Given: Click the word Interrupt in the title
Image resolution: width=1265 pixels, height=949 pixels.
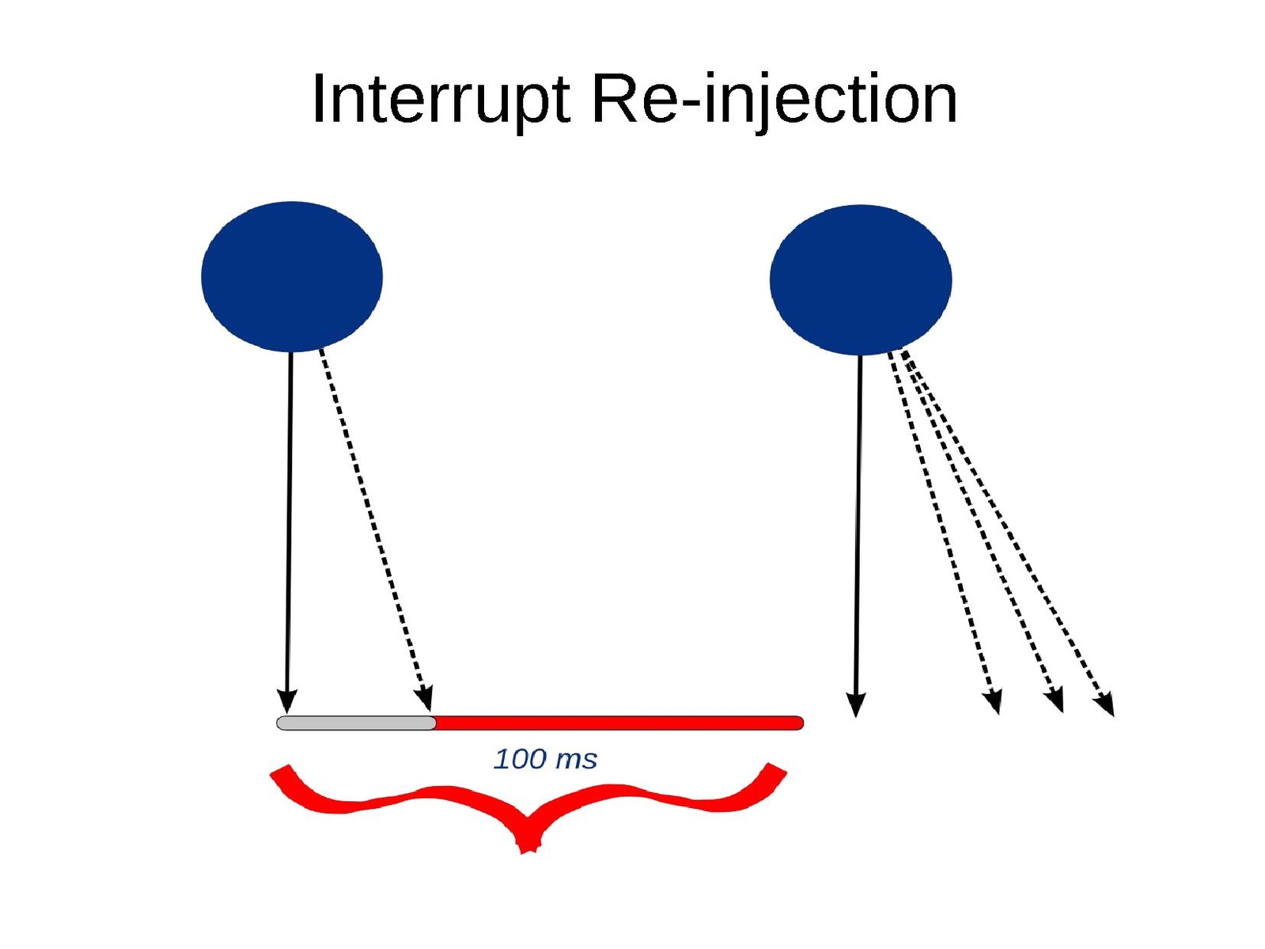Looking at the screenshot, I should tap(440, 100).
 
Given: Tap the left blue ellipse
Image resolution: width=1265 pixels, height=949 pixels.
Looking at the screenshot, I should tap(292, 276).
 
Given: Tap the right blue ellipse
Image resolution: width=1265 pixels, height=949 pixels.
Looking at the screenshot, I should tap(861, 279).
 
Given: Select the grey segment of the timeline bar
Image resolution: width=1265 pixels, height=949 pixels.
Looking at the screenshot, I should tap(356, 723).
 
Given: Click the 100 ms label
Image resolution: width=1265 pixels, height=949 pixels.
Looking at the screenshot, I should tap(545, 759).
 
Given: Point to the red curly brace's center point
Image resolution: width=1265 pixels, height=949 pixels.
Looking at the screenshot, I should tap(528, 839).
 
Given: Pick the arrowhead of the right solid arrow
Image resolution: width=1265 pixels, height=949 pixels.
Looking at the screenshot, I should tap(855, 704).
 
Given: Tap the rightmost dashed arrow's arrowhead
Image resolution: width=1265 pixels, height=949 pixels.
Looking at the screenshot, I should tap(1106, 704).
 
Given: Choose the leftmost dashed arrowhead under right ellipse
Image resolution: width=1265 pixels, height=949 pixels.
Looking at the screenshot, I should tap(993, 702).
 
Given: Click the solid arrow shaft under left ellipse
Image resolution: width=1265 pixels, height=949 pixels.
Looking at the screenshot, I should tap(290, 514).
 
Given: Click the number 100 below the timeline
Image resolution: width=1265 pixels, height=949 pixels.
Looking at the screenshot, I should tap(520, 759).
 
